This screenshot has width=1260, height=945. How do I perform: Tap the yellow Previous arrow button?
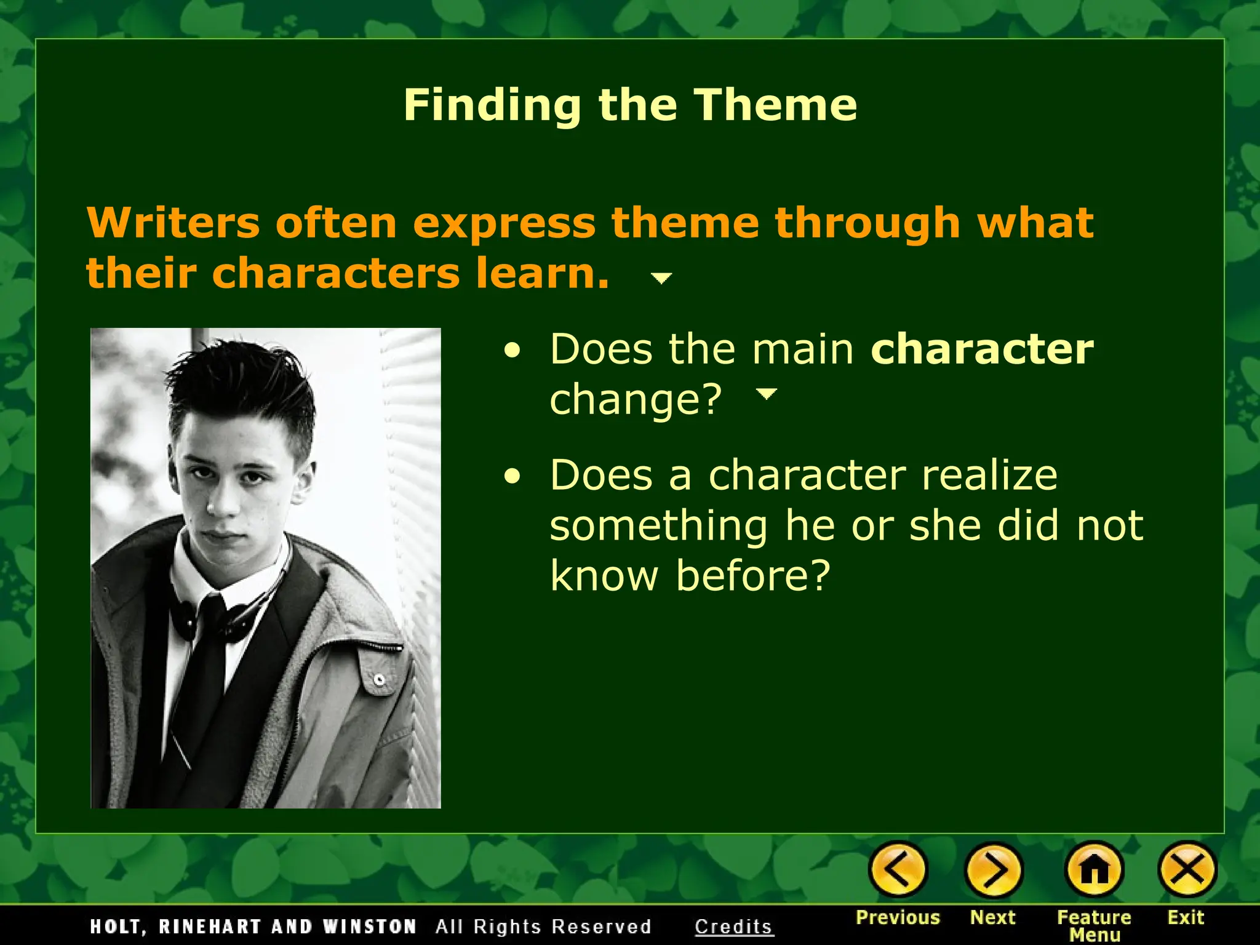[897, 870]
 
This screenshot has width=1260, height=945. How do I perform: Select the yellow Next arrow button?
[993, 870]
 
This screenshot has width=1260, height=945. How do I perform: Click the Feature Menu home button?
[1094, 870]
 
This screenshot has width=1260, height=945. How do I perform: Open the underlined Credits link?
[733, 927]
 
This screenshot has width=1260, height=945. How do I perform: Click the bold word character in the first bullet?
[982, 349]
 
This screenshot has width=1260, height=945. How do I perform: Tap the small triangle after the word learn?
[661, 279]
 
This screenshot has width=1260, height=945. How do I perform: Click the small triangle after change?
[766, 394]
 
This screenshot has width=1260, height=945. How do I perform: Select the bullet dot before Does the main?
[512, 351]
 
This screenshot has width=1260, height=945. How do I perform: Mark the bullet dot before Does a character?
[512, 476]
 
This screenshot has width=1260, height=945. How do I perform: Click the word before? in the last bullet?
[753, 576]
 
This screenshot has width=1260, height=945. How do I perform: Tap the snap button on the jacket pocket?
[380, 680]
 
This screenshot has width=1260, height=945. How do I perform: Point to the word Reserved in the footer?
[601, 927]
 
